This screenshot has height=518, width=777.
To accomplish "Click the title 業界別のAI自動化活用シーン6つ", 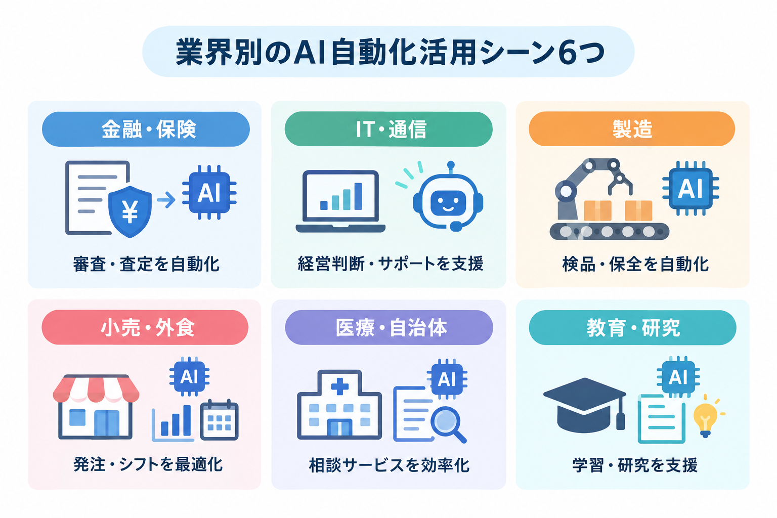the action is [x=390, y=53].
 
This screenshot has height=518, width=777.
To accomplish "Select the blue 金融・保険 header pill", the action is [x=146, y=129].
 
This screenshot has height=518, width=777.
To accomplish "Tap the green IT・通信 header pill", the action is [x=388, y=129].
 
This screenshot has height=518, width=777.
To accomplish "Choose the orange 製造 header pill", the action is [x=632, y=128].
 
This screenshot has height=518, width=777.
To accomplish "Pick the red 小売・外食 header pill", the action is [x=145, y=327].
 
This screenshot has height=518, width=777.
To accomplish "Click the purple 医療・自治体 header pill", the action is [x=389, y=327].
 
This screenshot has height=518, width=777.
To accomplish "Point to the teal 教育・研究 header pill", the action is [x=632, y=327].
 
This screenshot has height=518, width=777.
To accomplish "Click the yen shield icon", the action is [x=130, y=211].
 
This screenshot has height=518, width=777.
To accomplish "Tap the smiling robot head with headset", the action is [x=448, y=200].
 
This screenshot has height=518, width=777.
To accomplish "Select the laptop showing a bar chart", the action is [x=340, y=201].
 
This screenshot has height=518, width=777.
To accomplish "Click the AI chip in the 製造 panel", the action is [x=690, y=188].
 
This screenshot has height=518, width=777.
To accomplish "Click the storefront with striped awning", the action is [x=96, y=407].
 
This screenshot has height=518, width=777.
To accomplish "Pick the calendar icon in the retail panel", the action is [x=219, y=420].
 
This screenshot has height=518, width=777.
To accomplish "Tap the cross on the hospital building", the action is [x=340, y=386].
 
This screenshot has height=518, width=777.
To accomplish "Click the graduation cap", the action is [x=585, y=405].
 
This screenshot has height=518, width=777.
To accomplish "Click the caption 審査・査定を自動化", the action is [x=146, y=264].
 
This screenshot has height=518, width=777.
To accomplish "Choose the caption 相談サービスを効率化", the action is [x=389, y=465].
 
